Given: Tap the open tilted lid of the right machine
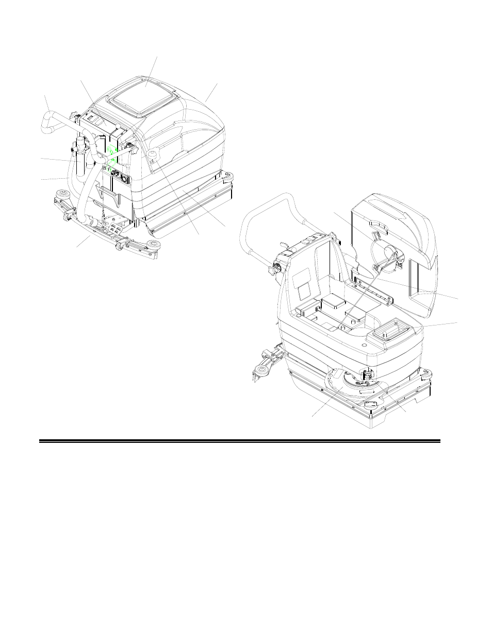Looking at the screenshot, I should (397, 247).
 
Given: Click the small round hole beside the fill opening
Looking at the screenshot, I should (366, 341).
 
